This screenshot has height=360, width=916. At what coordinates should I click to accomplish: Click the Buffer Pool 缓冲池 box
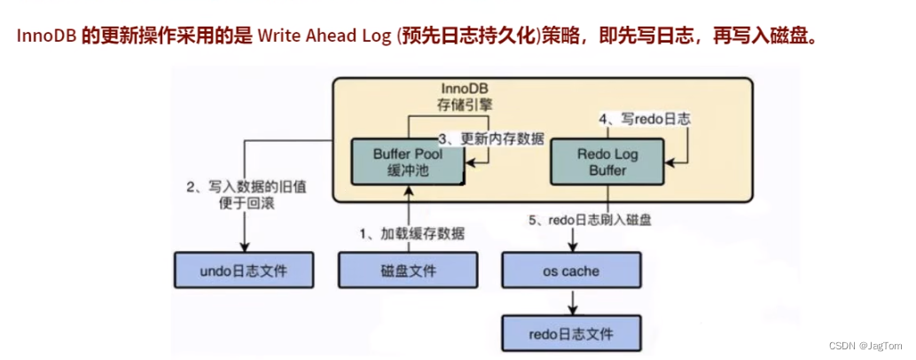(x=408, y=162)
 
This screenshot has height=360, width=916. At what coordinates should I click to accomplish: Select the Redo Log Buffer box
(x=607, y=162)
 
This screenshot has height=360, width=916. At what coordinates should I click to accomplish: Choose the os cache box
(x=570, y=269)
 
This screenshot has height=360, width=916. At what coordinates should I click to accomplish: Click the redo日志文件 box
(x=570, y=334)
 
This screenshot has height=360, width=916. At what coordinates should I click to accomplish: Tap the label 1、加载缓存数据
(x=411, y=233)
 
